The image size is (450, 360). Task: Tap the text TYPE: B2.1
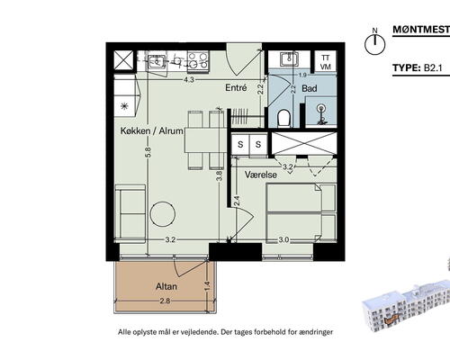click(420, 68)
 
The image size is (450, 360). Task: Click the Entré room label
click(236, 88)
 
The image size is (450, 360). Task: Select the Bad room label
click(309, 89)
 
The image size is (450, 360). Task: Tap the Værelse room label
click(259, 175)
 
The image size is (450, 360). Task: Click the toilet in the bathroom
click(284, 118)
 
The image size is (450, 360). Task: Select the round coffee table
click(162, 214)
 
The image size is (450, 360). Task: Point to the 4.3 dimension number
click(189, 79)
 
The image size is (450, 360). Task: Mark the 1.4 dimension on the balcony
click(206, 286)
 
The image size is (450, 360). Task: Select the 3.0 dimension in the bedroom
click(283, 240)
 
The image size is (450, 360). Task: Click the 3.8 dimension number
click(218, 175)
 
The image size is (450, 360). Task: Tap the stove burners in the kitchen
click(197, 60)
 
